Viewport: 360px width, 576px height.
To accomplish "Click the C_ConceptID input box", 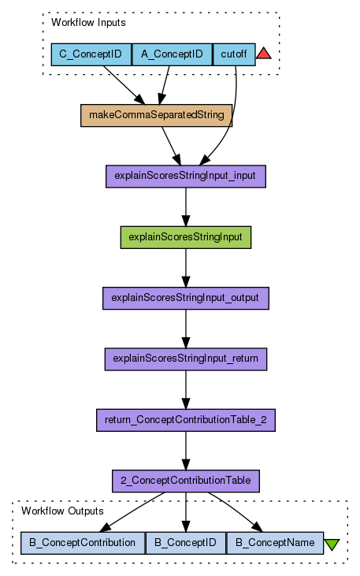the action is pos(91,54).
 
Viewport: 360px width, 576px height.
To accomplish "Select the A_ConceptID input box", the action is pos(172,54).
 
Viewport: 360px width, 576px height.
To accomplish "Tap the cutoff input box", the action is pos(234,54).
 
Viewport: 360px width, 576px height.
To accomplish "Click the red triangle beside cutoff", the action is pos(264,54).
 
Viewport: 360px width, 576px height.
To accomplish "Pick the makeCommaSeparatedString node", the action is pos(157,115).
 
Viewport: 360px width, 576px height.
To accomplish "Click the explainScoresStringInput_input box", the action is pos(186,177).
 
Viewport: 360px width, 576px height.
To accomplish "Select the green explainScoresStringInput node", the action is pos(186,237).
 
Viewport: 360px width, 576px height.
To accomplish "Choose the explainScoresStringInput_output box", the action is pos(186,299).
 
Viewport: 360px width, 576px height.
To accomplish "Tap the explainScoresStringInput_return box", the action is pos(186,359).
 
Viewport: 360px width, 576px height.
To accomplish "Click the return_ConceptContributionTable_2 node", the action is pos(186,420).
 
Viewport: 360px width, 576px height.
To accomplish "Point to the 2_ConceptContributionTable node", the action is pos(186,481).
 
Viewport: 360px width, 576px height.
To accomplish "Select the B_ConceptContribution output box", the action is pos(83,543).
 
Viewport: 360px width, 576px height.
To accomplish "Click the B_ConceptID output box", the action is pos(186,543).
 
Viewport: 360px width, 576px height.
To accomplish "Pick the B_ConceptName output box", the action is pos(275,543).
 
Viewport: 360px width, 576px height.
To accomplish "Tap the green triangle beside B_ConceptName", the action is pos(332,544).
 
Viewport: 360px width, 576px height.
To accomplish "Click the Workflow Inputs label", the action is pos(88,22).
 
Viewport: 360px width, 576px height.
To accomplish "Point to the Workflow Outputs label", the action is pos(62,511).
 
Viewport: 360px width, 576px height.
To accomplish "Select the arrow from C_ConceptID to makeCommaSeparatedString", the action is pos(124,85).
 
